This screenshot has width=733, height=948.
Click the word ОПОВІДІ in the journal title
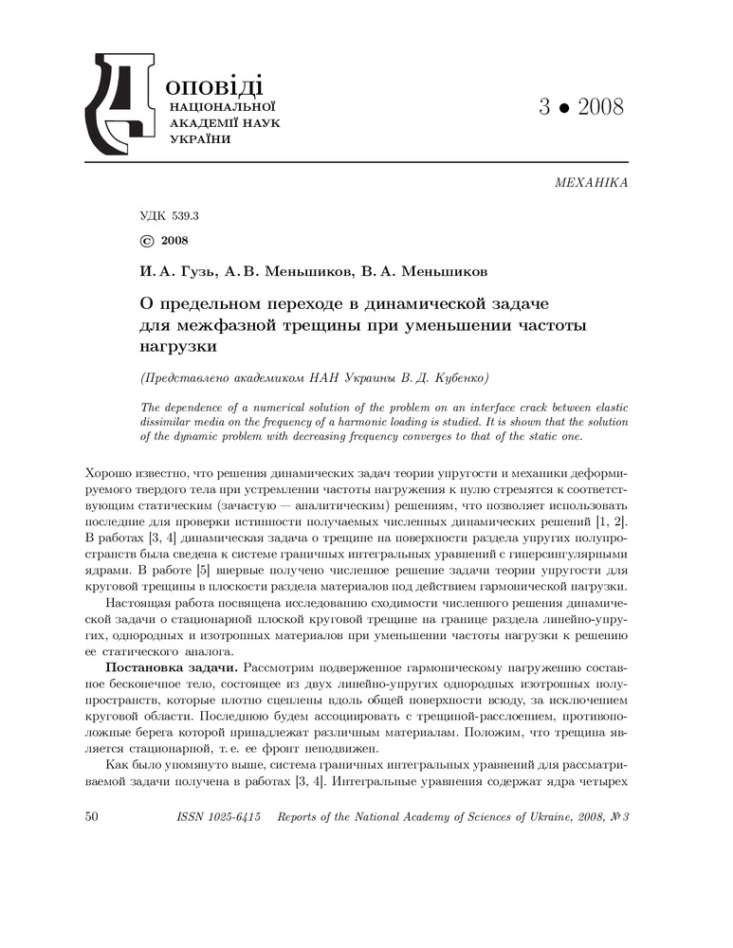tap(213, 84)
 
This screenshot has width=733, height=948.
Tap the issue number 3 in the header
tap(544, 106)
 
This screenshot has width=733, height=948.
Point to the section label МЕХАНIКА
tap(590, 181)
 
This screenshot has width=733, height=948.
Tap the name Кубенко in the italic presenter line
tap(458, 377)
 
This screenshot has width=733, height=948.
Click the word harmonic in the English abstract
tap(510, 422)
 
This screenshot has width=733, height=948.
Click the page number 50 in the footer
tap(93, 815)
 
